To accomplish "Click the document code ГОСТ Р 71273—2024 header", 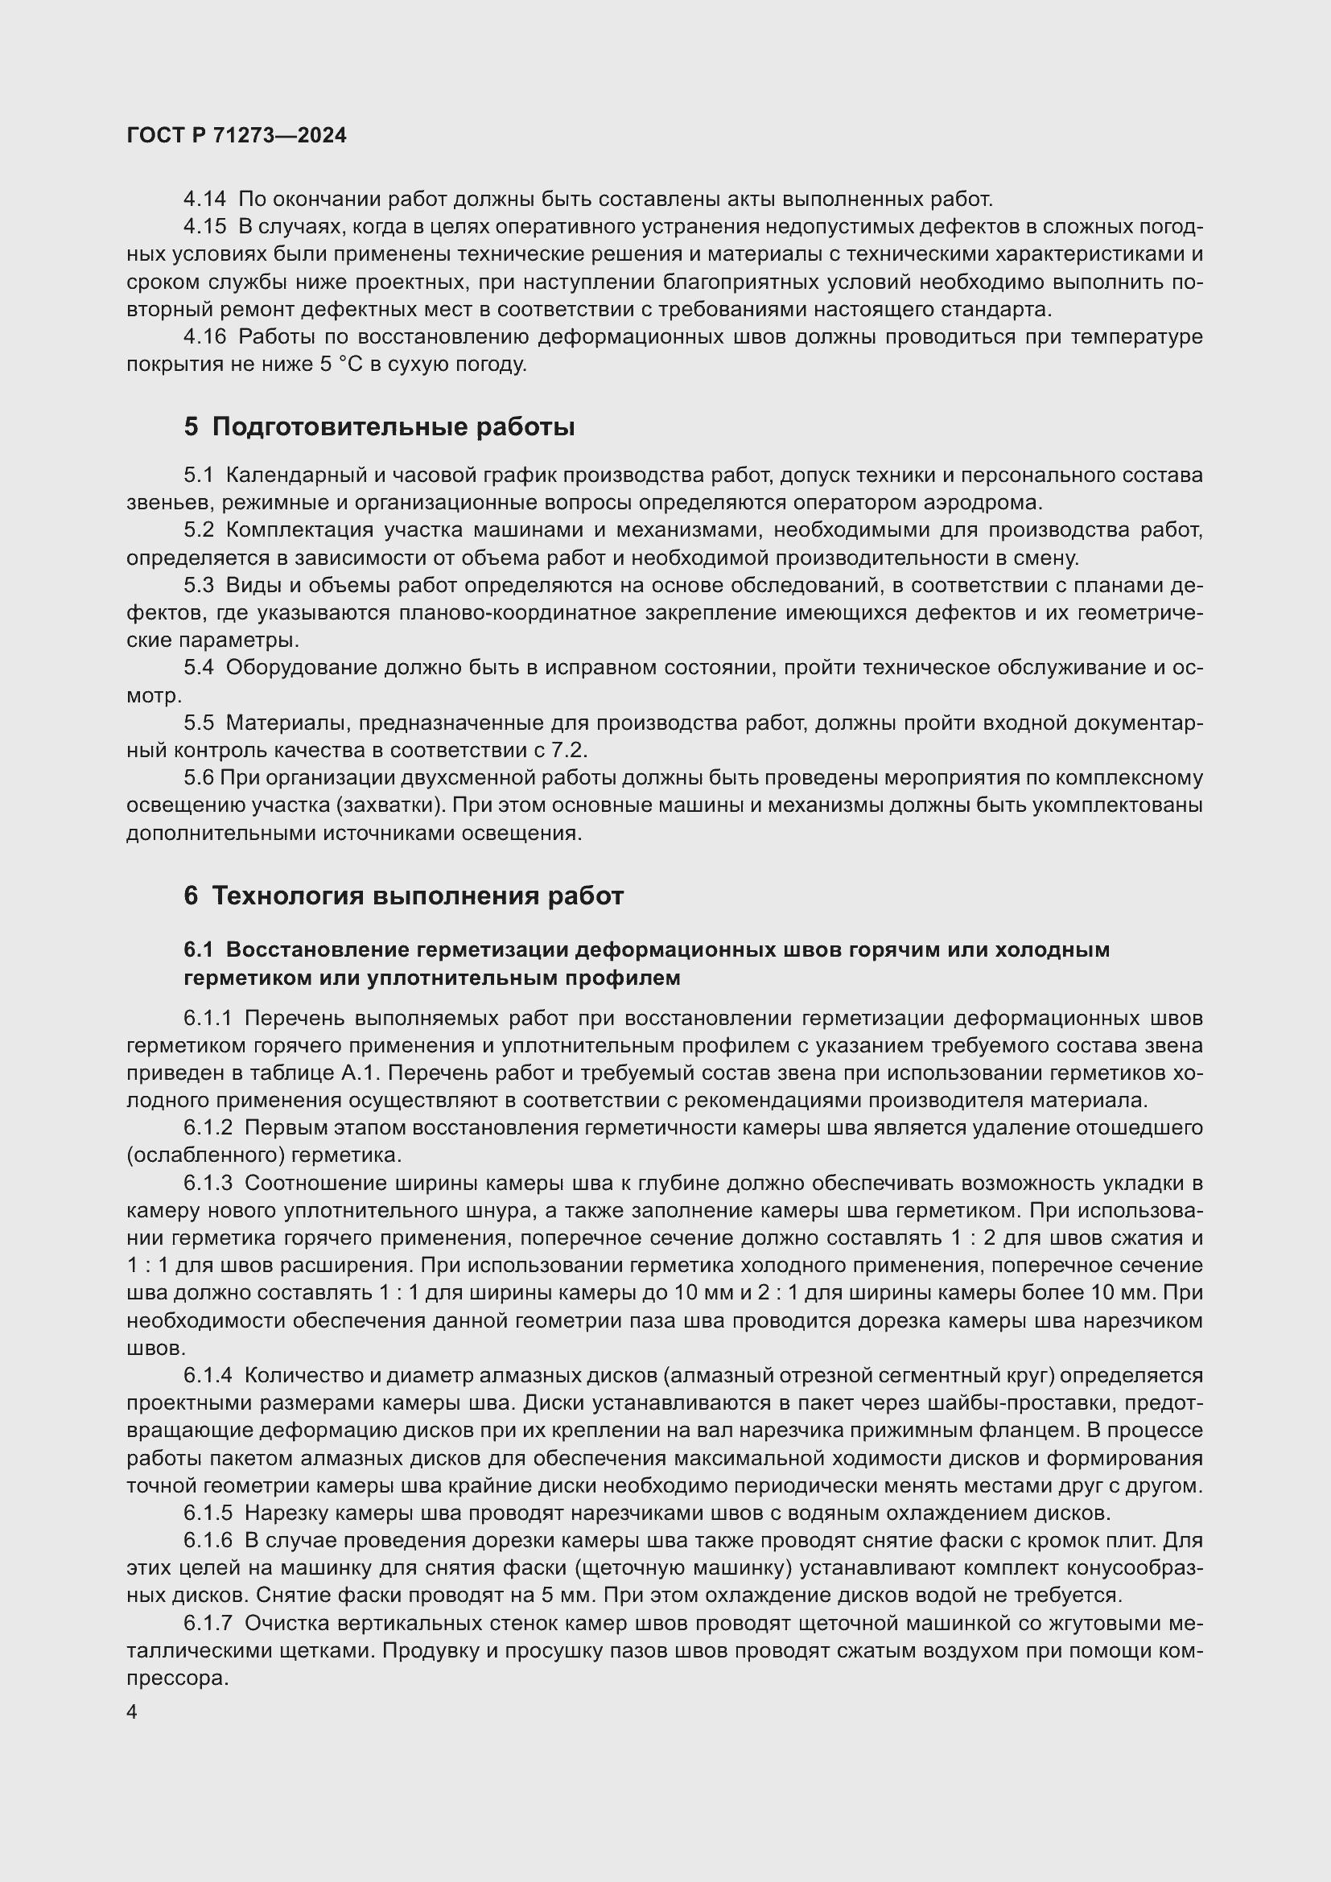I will click(x=237, y=135).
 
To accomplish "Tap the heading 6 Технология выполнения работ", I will click(x=403, y=896).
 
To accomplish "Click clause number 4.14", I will click(x=205, y=200).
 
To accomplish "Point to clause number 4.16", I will click(x=205, y=337).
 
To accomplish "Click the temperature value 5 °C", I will click(x=340, y=364).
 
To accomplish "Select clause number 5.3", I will click(x=198, y=585).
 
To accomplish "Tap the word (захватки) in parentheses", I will click(x=390, y=805).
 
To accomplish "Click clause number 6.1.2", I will click(x=208, y=1128).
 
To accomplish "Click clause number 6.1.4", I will click(x=208, y=1375).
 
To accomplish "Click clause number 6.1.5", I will click(x=208, y=1513).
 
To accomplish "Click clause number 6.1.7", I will click(x=208, y=1623).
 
